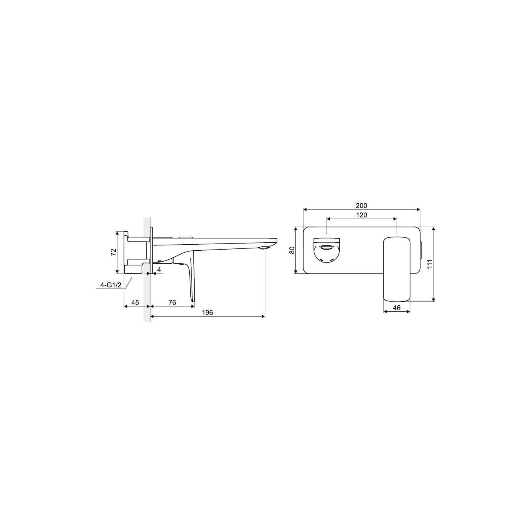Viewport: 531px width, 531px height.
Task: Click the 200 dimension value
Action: click(x=361, y=206)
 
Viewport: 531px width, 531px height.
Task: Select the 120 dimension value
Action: click(x=361, y=215)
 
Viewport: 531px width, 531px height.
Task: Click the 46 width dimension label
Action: click(x=396, y=308)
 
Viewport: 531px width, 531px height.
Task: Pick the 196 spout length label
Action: click(x=207, y=313)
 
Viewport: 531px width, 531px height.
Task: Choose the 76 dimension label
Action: click(x=172, y=303)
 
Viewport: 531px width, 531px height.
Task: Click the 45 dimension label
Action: click(x=135, y=303)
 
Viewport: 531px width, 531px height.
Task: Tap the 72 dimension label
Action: click(x=113, y=252)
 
